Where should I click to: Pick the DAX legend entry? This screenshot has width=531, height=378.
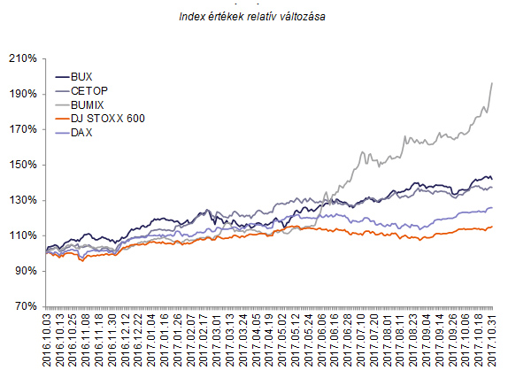[x=82, y=133]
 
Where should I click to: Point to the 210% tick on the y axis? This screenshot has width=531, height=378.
[x=21, y=58]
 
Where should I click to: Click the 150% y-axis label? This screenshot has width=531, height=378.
[x=21, y=165]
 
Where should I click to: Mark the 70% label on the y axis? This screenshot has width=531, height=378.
[x=24, y=306]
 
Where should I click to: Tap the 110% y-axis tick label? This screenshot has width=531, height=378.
[x=21, y=235]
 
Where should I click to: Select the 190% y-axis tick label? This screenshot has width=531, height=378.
[x=21, y=94]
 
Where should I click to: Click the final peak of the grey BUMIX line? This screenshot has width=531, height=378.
[x=492, y=82]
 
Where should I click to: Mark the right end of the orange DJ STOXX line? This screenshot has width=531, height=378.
[x=492, y=227]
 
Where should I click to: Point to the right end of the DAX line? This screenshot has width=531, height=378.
[x=492, y=208]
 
